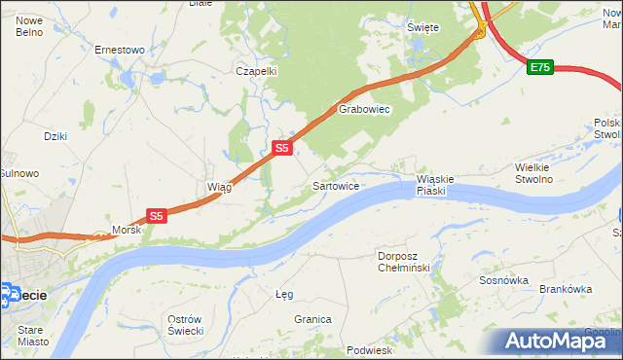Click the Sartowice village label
coord(337,185)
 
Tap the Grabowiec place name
coord(364,110)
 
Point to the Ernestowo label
coord(119,49)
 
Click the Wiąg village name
coord(218,187)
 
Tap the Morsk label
coord(127,231)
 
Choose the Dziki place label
coord(55,136)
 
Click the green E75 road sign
coord(540,67)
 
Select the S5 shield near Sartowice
coord(281,148)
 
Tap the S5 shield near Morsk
coord(158,215)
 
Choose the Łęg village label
coord(284,294)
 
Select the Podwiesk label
coord(369,350)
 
